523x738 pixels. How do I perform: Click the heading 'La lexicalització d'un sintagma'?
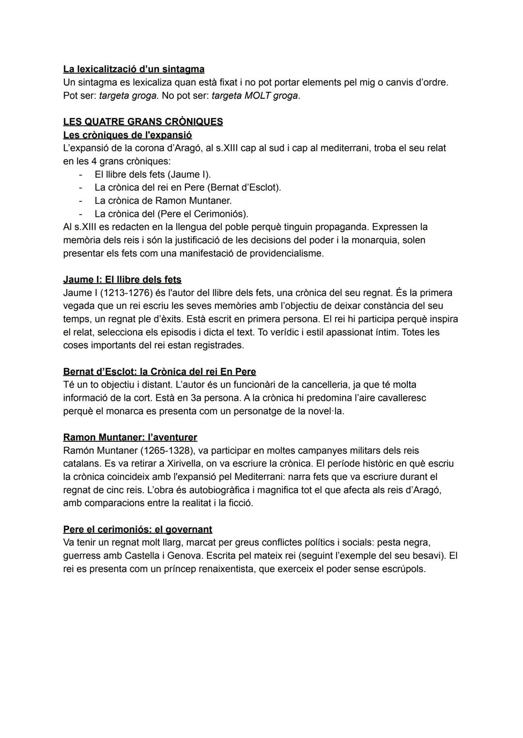(x=134, y=69)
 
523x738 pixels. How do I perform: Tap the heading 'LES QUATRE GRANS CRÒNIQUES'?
(x=143, y=121)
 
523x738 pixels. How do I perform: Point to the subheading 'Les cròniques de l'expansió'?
(x=127, y=135)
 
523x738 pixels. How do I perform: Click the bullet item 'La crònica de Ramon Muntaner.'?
(x=163, y=200)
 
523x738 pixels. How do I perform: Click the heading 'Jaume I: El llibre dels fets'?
(x=122, y=280)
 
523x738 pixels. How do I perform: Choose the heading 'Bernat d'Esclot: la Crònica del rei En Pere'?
(x=159, y=372)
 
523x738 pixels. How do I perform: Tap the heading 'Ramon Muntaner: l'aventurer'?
(x=130, y=437)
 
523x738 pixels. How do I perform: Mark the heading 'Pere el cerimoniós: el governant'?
(x=138, y=529)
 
